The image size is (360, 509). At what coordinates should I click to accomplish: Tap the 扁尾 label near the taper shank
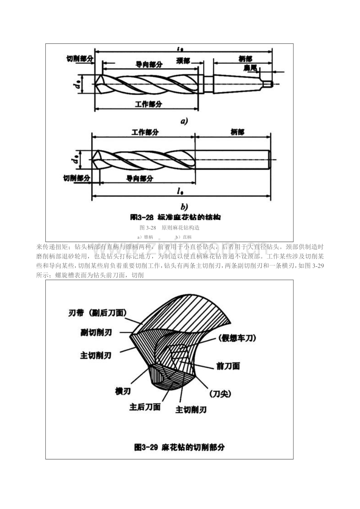[x=250, y=68]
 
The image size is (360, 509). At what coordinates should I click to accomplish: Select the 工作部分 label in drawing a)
[x=149, y=104]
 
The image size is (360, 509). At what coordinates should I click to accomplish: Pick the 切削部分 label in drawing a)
[x=80, y=58]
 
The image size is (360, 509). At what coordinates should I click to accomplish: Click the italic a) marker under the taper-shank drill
[x=184, y=121]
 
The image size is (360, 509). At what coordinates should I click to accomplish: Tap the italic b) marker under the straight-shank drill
[x=184, y=206]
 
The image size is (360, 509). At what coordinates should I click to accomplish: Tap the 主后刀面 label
[x=145, y=407]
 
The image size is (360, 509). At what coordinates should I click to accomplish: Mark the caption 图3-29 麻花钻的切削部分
[x=179, y=447]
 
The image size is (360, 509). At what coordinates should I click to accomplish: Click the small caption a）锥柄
[x=145, y=237]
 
